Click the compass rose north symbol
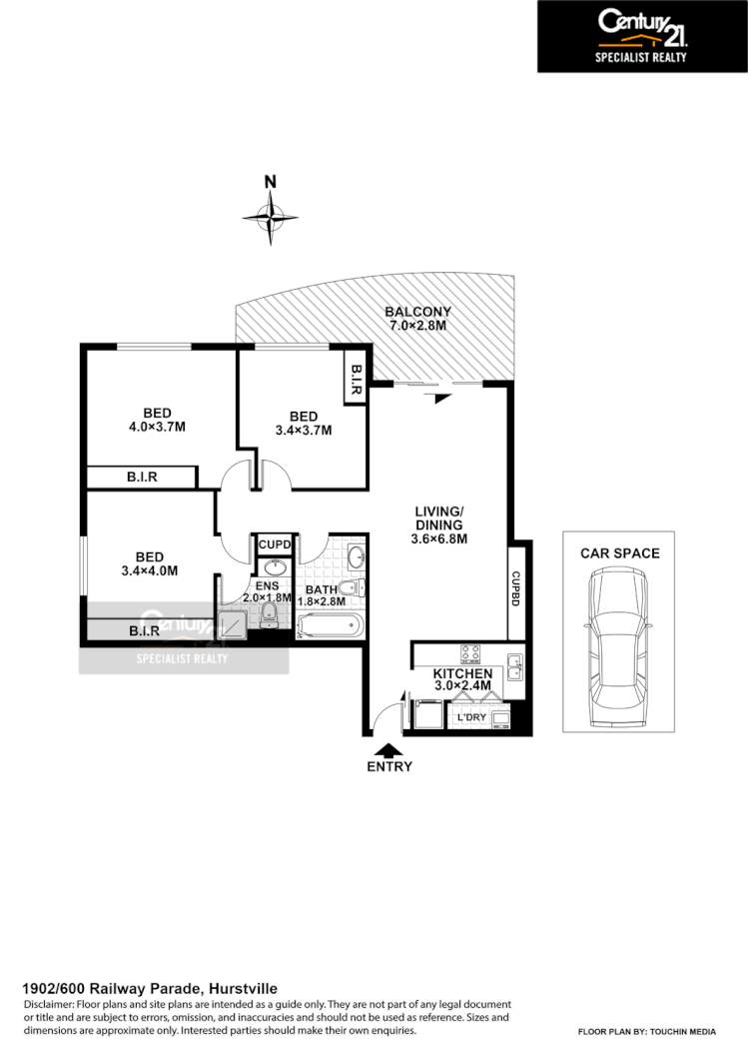[270, 214]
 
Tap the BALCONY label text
[418, 312]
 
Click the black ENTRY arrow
[388, 749]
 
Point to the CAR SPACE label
[620, 552]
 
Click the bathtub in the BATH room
[329, 626]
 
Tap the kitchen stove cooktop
[472, 654]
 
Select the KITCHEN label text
[462, 674]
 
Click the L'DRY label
[470, 718]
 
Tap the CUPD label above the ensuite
[275, 544]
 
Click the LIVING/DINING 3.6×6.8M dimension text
[439, 538]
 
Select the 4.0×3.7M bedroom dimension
[157, 427]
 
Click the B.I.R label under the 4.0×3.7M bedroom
[141, 479]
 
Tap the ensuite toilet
[267, 613]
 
